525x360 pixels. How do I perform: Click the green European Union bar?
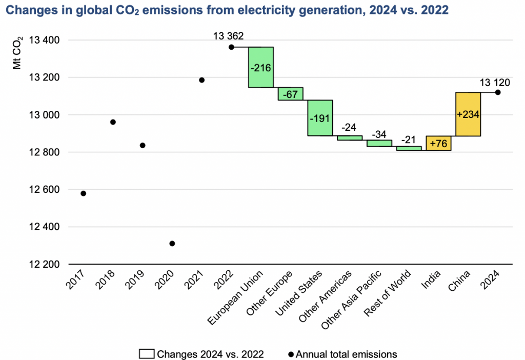(261, 67)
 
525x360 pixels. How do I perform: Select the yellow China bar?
(469, 114)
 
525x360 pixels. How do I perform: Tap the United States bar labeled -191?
(320, 118)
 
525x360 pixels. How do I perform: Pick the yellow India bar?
(438, 143)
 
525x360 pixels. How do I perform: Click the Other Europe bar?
(291, 94)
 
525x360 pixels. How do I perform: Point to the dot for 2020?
(172, 244)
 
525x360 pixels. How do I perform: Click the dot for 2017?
(83, 193)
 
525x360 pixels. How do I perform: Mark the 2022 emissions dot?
(231, 47)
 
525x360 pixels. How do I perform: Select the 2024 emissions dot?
(498, 92)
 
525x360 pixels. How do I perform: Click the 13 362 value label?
(229, 36)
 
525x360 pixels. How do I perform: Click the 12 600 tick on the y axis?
(46, 190)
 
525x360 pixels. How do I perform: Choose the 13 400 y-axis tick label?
(46, 41)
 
